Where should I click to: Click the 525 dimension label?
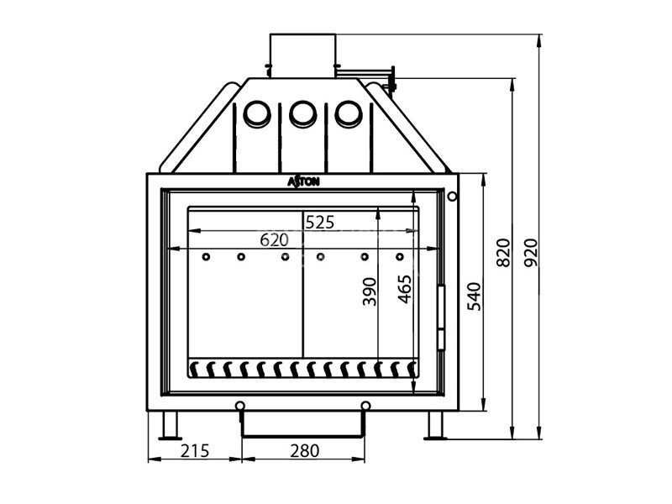[320, 223]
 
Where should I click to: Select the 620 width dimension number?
[275, 240]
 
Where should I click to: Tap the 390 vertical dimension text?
[370, 291]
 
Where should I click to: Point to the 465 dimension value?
[405, 289]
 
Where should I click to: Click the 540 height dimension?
[474, 297]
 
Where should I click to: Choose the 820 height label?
[503, 253]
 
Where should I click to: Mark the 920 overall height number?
[531, 253]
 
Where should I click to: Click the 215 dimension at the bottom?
[195, 451]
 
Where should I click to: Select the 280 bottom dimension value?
[305, 451]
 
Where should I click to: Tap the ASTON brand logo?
[303, 181]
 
